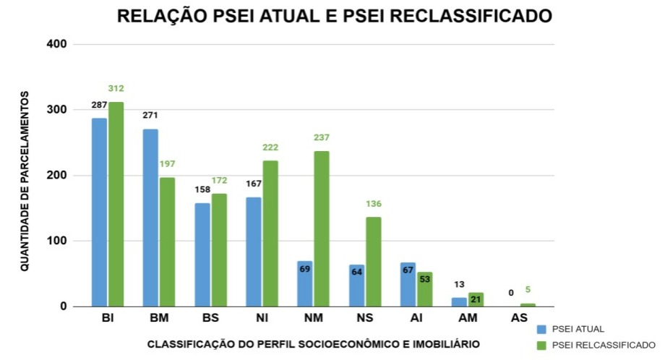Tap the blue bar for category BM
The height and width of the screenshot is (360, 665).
pyautogui.click(x=150, y=218)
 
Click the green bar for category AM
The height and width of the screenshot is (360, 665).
pyautogui.click(x=476, y=299)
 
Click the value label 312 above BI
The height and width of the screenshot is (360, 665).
pyautogui.click(x=116, y=89)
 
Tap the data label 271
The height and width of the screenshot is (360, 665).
pyautogui.click(x=150, y=115)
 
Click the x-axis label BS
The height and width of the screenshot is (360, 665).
pyautogui.click(x=210, y=318)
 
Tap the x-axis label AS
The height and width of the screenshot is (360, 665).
pyautogui.click(x=519, y=318)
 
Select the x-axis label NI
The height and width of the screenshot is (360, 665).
pyautogui.click(x=261, y=318)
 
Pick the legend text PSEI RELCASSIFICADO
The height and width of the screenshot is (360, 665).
pyautogui.click(x=604, y=345)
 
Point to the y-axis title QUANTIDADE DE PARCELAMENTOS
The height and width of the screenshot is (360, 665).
pyautogui.click(x=25, y=181)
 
